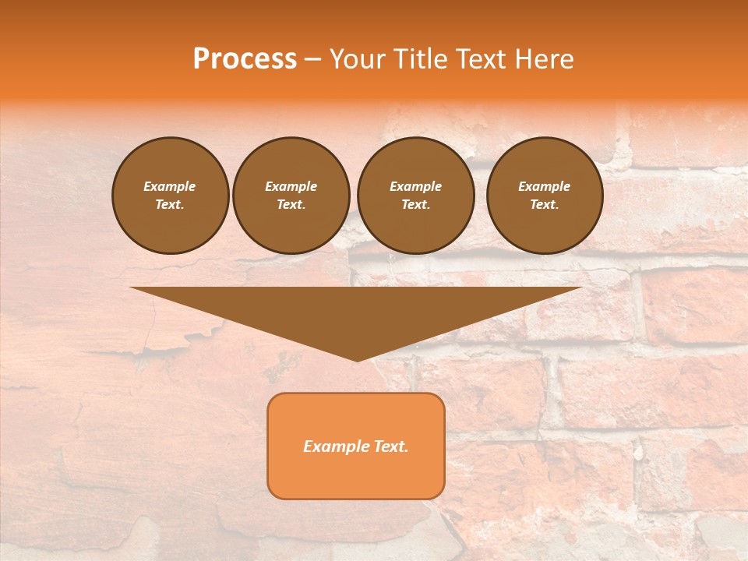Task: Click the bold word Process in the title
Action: click(245, 59)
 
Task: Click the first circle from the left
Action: click(171, 196)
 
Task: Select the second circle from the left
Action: click(291, 196)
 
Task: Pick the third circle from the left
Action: click(416, 196)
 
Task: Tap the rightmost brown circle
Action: click(545, 196)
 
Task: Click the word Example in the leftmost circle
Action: click(170, 186)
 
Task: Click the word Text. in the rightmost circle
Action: click(545, 205)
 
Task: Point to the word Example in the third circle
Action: click(416, 186)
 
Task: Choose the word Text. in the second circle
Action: click(291, 205)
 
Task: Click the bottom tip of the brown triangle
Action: click(357, 360)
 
